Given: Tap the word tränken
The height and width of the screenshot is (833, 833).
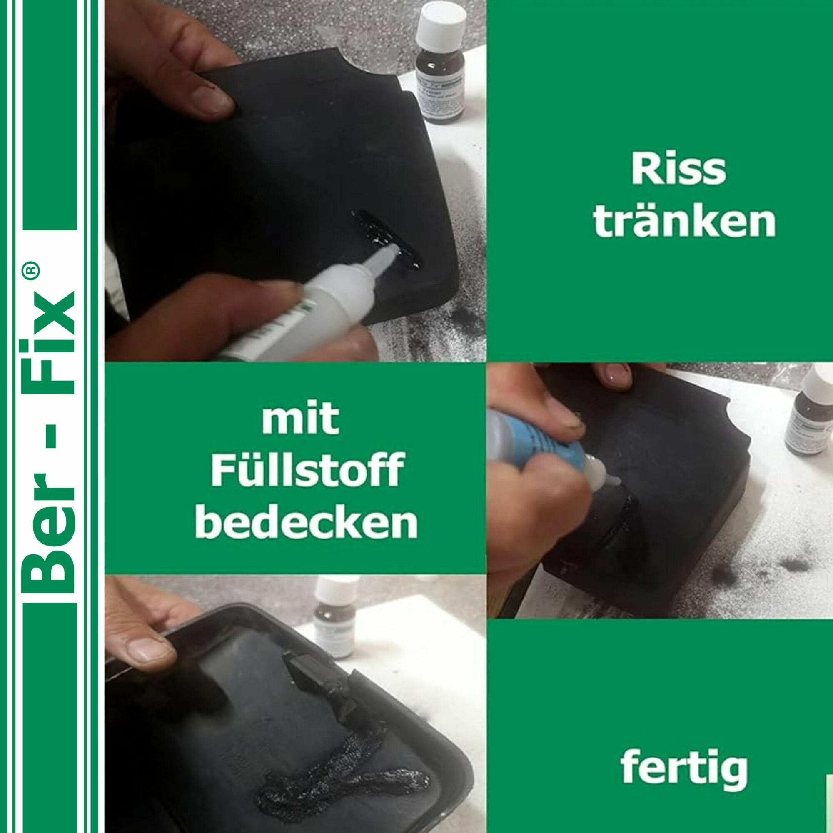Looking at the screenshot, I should tap(684, 222).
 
